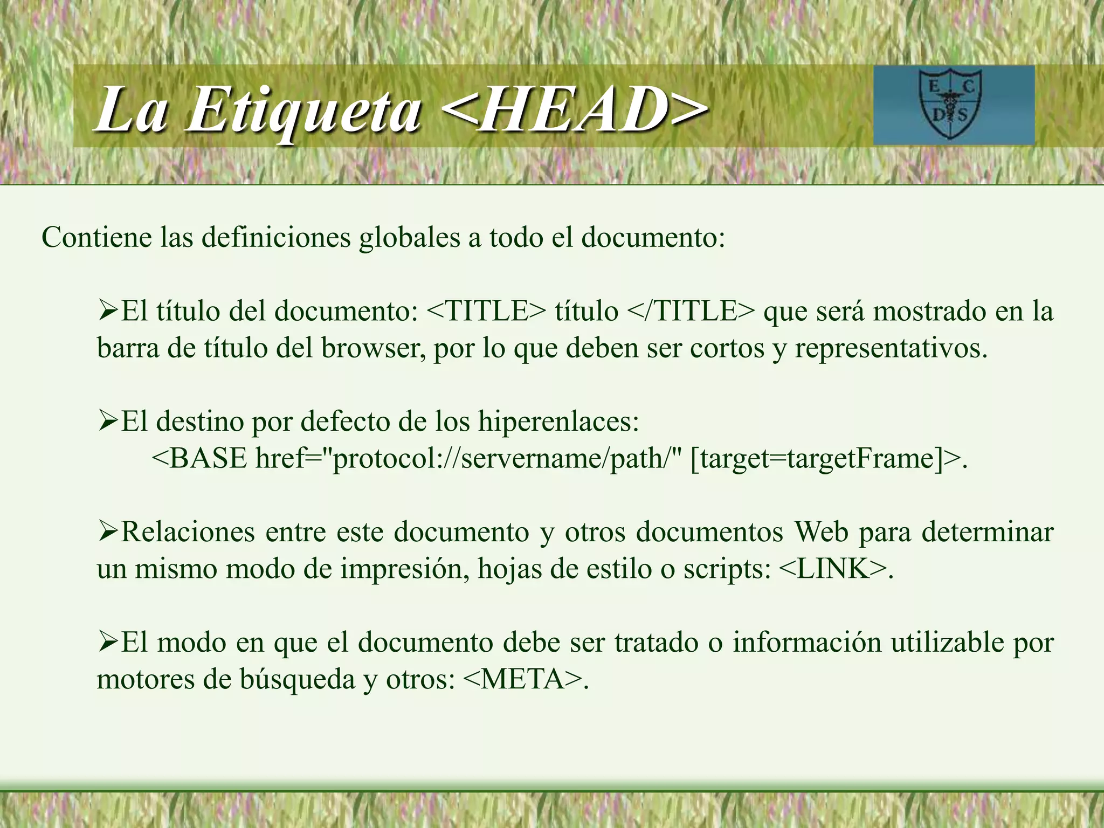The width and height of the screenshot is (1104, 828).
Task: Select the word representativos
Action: click(891, 348)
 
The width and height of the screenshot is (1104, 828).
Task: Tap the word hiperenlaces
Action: click(558, 422)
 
